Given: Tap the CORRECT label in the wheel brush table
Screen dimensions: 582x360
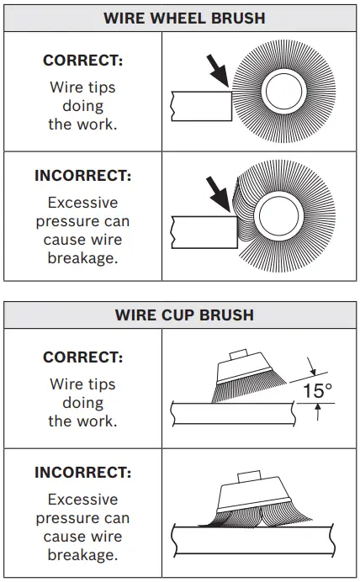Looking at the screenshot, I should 82,61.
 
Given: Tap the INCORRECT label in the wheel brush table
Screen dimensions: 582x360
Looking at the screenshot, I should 82,176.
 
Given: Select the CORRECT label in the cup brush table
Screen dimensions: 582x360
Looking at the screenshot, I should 82,357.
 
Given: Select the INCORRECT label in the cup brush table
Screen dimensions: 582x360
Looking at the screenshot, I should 82,473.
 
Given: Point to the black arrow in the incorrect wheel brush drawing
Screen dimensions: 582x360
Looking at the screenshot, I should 220,196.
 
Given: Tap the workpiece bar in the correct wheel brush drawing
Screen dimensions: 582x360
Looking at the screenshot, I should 200,106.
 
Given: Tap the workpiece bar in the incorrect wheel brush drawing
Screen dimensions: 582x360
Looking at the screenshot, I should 200,230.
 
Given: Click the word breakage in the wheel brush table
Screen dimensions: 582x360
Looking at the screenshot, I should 82,258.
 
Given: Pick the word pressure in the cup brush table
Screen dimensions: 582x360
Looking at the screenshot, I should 82,518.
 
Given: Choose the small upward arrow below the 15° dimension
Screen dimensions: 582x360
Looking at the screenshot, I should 317,412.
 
